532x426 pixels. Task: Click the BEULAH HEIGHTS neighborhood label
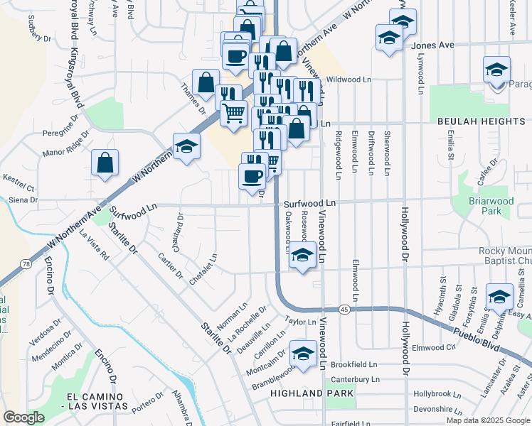481,121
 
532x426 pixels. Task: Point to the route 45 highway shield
344,309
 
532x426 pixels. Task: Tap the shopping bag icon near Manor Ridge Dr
105,163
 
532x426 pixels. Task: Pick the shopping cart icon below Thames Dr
233,113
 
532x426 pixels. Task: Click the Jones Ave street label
432,45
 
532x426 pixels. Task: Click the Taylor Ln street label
300,322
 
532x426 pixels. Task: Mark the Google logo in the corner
23,417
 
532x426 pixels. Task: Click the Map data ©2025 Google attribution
487,420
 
